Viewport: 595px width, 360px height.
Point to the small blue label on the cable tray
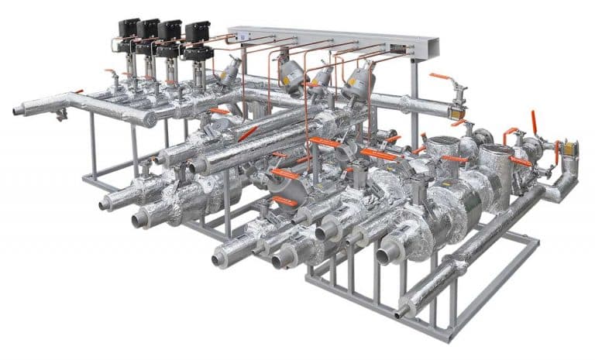(x=242, y=36)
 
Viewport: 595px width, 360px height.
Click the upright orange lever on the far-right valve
(x=534, y=122)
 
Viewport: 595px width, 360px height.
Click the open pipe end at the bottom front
(x=400, y=314)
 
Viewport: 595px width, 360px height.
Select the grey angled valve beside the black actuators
(x=231, y=72)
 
